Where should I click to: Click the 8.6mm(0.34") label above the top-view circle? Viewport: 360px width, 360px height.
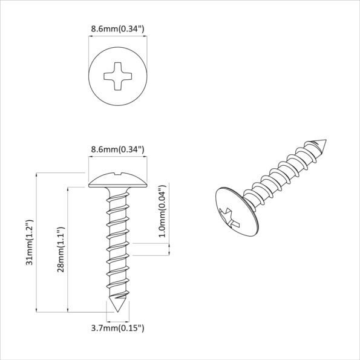click(117, 28)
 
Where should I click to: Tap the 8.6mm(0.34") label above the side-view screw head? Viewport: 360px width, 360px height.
click(117, 149)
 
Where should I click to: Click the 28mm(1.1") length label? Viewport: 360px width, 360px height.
click(61, 250)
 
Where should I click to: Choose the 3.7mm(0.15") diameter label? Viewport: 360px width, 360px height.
click(117, 328)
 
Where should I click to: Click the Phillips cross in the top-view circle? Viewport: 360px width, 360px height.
click(117, 77)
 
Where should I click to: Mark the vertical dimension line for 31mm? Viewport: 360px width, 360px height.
click(38, 242)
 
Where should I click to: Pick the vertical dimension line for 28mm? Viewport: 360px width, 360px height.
click(68, 249)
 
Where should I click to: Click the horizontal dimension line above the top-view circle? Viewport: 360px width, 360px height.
click(117, 37)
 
